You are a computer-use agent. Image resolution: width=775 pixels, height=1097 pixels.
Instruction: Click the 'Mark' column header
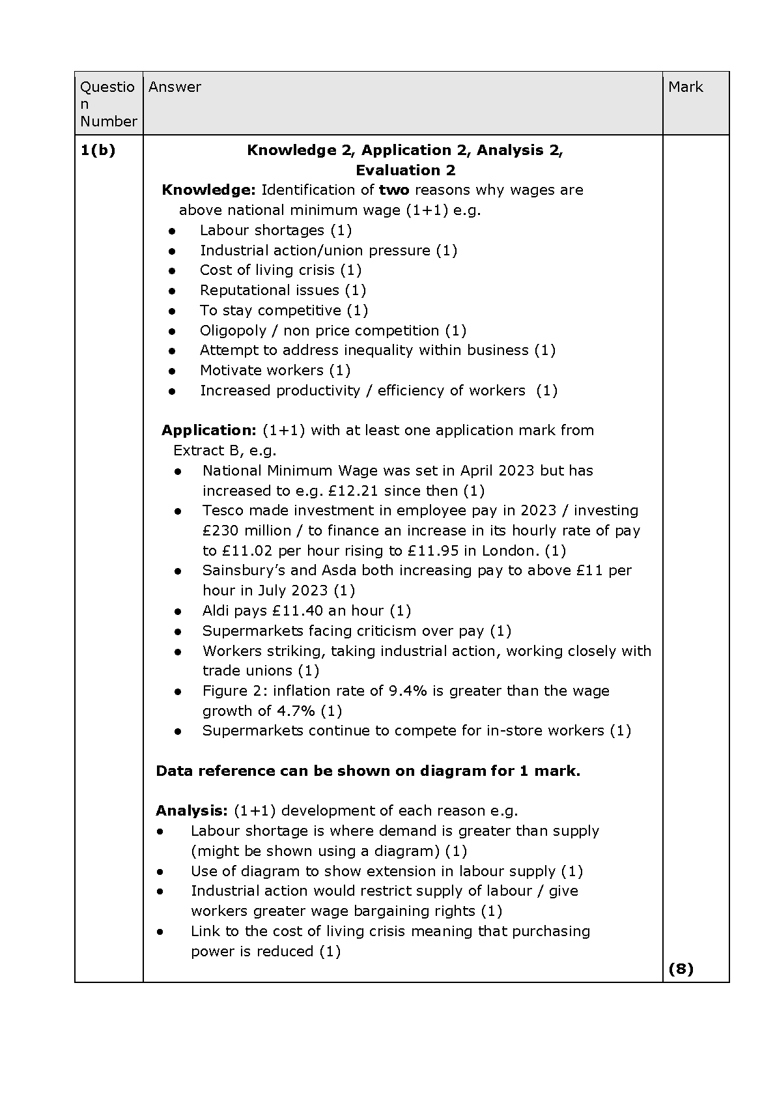(685, 87)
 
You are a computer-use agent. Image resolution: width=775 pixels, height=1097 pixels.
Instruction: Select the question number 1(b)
(98, 150)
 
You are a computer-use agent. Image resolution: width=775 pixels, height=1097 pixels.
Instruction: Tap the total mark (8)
(681, 969)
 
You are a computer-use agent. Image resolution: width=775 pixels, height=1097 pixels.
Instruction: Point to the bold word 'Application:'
(209, 431)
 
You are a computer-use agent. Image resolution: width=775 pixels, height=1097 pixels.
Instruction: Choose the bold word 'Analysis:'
(191, 811)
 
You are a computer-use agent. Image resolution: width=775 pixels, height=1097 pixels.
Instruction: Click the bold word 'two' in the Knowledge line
(394, 190)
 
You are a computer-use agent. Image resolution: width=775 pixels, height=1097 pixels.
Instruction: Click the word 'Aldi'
(218, 611)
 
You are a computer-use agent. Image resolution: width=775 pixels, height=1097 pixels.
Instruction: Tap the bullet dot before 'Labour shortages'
(172, 231)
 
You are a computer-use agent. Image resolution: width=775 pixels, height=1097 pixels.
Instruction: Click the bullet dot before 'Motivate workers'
(172, 371)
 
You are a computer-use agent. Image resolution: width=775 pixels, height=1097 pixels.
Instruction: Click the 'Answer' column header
(175, 87)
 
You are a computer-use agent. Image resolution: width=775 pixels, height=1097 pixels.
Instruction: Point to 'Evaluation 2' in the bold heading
(405, 171)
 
